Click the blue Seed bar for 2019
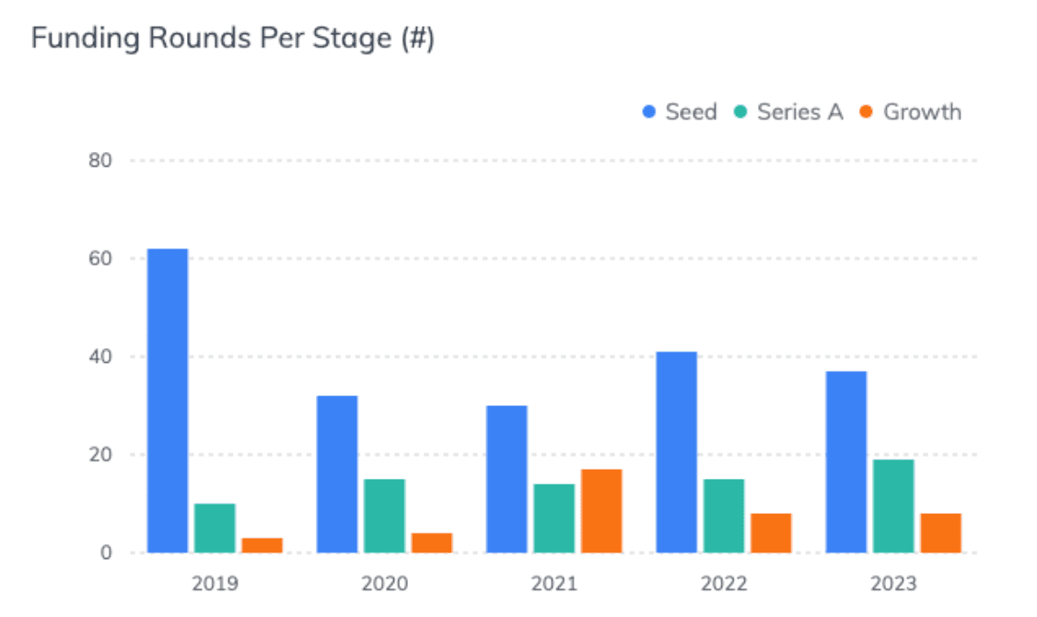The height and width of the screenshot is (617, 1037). [x=168, y=401]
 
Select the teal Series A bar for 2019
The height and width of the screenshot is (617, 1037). [x=215, y=528]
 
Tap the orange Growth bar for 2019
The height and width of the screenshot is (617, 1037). [x=262, y=545]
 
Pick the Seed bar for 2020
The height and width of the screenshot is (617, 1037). [x=337, y=474]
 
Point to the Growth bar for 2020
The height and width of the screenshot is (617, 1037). [x=432, y=542]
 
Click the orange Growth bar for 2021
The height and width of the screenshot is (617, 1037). [x=601, y=511]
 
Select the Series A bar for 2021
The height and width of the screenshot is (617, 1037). [x=553, y=518]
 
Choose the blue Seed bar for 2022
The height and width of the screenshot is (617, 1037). [x=677, y=452]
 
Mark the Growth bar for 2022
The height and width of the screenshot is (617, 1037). [x=771, y=533]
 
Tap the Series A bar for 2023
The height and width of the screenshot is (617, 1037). [x=893, y=506]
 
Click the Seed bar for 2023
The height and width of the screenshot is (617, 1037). [x=846, y=461]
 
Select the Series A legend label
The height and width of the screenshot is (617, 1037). [x=799, y=112]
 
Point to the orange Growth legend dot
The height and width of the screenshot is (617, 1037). [x=866, y=113]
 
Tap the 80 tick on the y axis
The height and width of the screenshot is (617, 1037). [x=99, y=161]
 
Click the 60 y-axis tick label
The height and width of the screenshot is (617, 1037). [x=99, y=259]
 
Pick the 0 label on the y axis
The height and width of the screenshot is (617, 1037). [x=106, y=553]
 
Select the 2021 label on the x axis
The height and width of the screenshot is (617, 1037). [x=554, y=584]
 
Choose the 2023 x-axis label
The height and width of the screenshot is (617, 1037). [x=893, y=584]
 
